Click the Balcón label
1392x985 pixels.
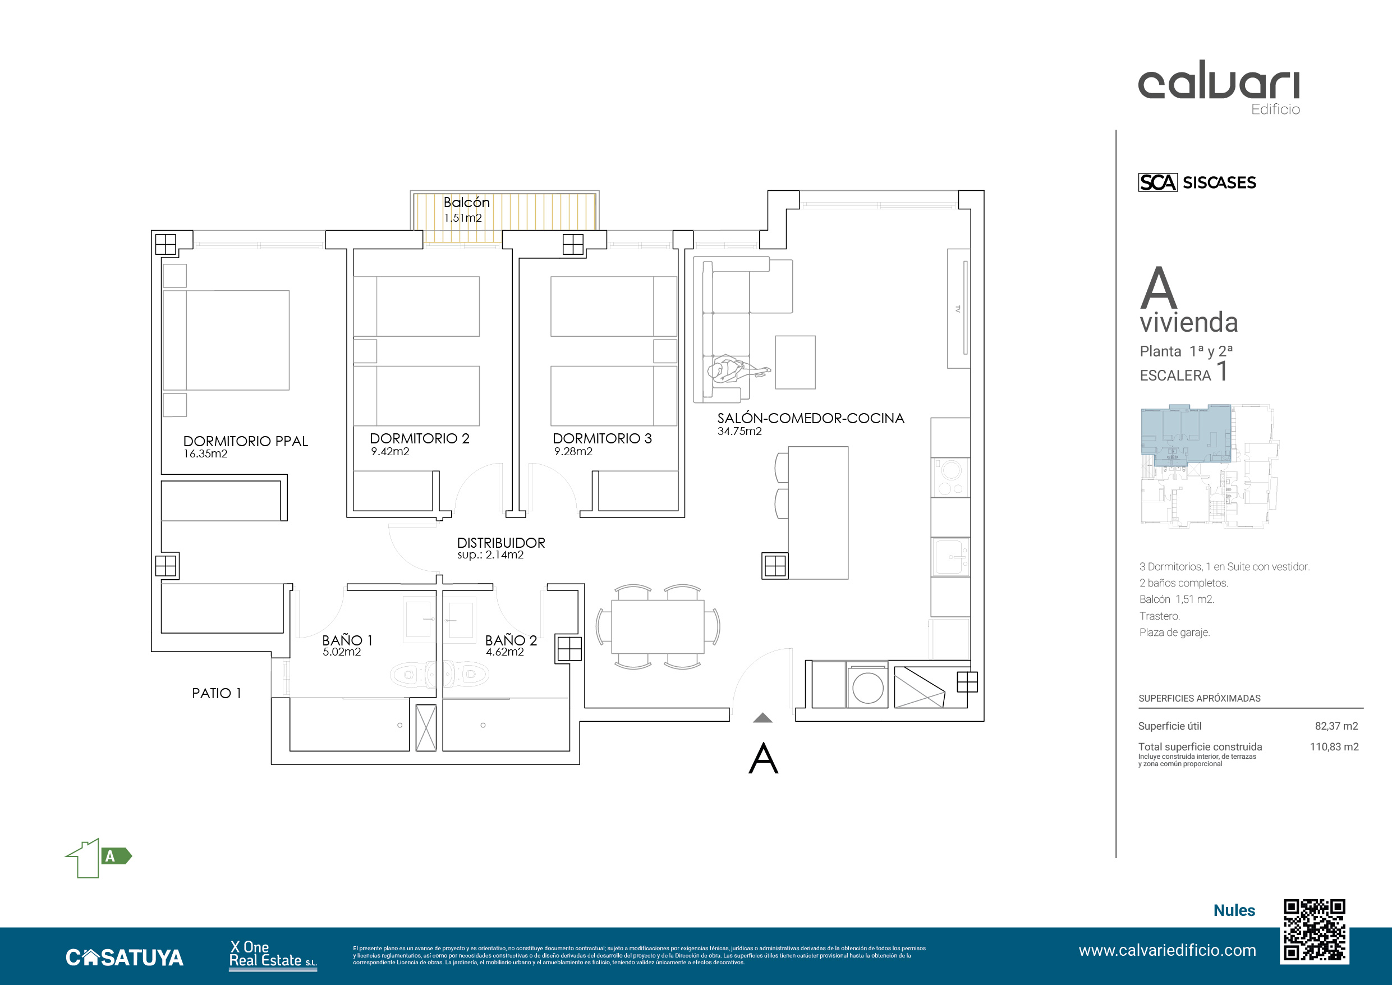click(x=466, y=202)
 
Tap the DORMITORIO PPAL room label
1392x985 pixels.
click(x=246, y=441)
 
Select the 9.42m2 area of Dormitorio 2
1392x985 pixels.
click(x=390, y=451)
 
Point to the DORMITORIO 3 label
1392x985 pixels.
click(x=602, y=438)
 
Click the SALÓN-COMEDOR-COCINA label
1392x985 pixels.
click(x=811, y=418)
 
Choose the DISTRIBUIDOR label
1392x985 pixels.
click(x=501, y=542)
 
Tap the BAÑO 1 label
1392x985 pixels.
click(x=347, y=640)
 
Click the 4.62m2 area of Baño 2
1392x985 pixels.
click(x=504, y=652)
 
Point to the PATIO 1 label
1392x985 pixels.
click(x=217, y=693)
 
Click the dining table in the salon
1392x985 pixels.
click(x=658, y=626)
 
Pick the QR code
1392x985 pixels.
click(x=1315, y=932)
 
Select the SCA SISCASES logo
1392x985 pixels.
click(x=1197, y=182)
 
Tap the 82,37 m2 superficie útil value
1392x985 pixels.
click(x=1336, y=726)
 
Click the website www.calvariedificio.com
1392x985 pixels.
click(x=1167, y=950)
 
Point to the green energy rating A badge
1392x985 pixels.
click(x=116, y=856)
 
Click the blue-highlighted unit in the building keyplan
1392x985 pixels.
click(x=1186, y=434)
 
